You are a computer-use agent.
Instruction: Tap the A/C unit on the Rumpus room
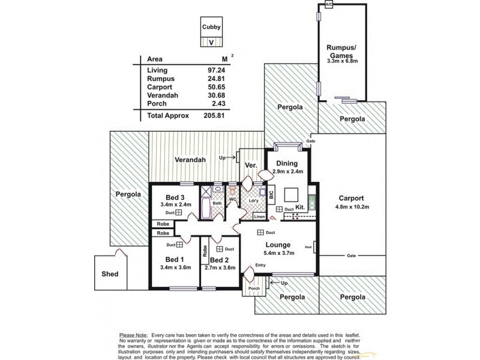(328, 5)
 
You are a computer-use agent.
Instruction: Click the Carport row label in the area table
(160, 87)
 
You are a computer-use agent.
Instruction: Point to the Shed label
(110, 274)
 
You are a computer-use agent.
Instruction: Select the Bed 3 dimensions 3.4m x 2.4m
(176, 205)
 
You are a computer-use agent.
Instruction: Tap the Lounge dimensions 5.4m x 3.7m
(277, 254)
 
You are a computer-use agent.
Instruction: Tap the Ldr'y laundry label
(253, 200)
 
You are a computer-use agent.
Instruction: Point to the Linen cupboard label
(259, 216)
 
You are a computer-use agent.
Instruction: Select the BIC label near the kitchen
(271, 195)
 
